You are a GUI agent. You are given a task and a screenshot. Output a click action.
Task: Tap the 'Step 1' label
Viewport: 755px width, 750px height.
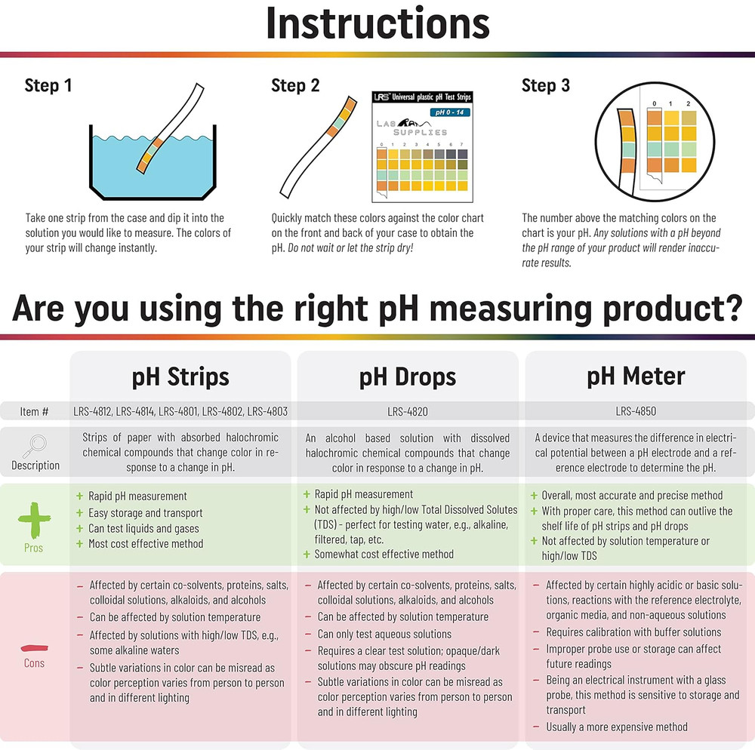coord(48,85)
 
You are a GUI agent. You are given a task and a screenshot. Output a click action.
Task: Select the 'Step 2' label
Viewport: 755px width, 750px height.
coord(295,85)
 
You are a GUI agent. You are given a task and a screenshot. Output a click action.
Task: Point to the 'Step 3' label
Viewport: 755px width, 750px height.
coord(546,85)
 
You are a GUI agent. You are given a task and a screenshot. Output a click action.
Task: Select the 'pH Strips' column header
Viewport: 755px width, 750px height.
coord(180,376)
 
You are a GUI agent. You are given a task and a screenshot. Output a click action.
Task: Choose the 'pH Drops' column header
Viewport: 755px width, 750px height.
coord(408,376)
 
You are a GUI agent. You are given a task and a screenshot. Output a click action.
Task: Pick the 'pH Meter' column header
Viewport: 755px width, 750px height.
coord(636,376)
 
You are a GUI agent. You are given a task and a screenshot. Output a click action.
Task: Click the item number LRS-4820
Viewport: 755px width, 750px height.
coord(408,412)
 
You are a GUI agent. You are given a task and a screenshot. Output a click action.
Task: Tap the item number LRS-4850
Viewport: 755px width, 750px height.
coord(636,412)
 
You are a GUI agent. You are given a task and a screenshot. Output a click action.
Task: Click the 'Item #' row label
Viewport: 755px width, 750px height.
coord(35,412)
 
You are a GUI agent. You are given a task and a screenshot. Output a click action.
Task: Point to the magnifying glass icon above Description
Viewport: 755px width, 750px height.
coord(35,446)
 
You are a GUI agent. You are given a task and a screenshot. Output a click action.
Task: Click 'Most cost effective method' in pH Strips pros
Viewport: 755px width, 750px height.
coord(146,543)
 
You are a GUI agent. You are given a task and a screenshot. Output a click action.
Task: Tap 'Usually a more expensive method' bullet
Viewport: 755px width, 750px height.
coord(617,727)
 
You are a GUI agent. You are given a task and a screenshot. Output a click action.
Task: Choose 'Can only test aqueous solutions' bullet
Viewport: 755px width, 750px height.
coord(384,634)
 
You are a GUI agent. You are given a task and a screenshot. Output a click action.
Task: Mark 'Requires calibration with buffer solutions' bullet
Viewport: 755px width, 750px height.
coord(633,632)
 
